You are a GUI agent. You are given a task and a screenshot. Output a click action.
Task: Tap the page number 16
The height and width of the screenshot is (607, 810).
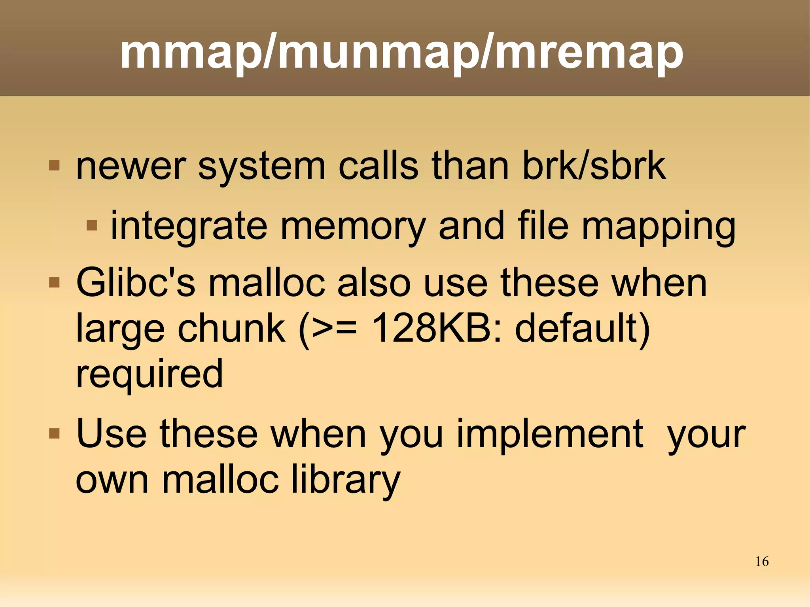pyautogui.click(x=762, y=562)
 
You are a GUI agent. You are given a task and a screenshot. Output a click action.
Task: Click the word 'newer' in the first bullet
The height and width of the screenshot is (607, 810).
pyautogui.click(x=131, y=166)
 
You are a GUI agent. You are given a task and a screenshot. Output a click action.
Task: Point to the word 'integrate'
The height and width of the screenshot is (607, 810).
pyautogui.click(x=189, y=226)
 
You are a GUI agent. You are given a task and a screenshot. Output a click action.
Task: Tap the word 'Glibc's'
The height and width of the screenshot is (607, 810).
pyautogui.click(x=135, y=283)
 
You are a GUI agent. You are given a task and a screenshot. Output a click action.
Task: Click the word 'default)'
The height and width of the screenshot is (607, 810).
pyautogui.click(x=583, y=328)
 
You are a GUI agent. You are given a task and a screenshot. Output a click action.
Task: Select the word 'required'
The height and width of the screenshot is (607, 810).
pyautogui.click(x=150, y=374)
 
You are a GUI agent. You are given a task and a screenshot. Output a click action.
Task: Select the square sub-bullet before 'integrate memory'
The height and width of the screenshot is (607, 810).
pyautogui.click(x=92, y=225)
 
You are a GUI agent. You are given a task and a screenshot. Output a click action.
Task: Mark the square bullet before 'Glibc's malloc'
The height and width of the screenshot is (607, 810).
pyautogui.click(x=54, y=282)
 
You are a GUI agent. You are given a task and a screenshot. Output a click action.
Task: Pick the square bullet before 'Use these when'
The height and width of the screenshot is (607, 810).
pyautogui.click(x=54, y=434)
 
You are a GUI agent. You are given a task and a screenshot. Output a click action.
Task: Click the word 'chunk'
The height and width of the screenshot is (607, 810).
pyautogui.click(x=231, y=328)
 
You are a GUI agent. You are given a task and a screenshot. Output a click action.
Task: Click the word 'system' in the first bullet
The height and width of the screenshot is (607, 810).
pyautogui.click(x=261, y=166)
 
